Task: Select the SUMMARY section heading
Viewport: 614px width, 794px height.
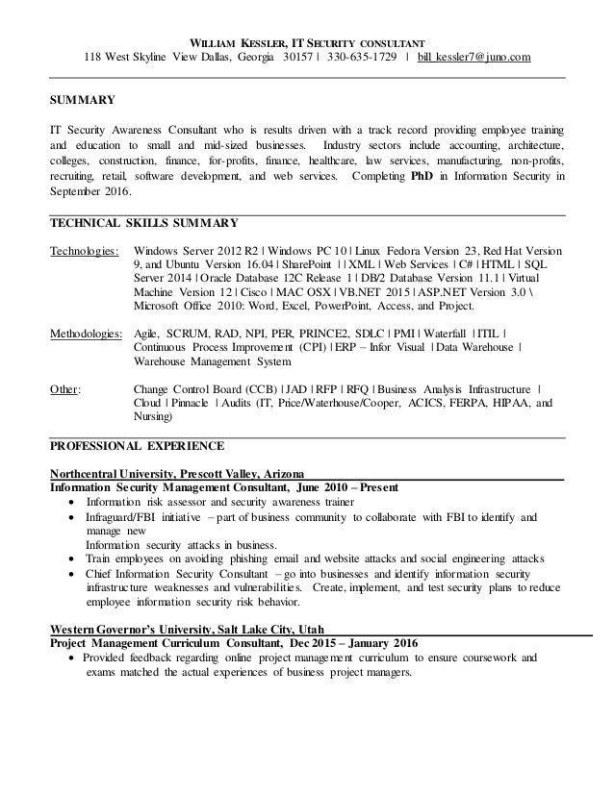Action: pos(84,99)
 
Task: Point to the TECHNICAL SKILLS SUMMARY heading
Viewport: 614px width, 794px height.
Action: pos(144,224)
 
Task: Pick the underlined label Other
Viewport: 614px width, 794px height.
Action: pos(65,389)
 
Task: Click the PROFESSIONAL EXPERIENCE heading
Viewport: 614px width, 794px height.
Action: pos(137,447)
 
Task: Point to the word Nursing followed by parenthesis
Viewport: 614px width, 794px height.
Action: pos(150,418)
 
